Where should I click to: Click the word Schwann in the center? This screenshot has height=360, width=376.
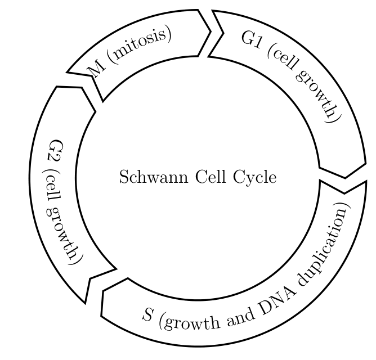coord(154,177)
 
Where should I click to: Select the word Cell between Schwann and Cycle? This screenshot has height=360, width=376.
coord(211,177)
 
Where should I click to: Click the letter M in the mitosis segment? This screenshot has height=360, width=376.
coord(96,69)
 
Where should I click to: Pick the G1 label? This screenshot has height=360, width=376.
coord(251,39)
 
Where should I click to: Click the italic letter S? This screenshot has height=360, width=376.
coord(147,314)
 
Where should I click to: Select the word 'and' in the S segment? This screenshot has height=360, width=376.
coord(240,316)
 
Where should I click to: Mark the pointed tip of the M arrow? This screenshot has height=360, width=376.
coord(211,31)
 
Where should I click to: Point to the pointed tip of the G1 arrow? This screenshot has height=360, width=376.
coord(345,178)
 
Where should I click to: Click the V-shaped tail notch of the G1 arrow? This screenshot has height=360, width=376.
coord(223,33)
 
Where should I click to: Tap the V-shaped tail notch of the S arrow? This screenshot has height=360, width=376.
coord(344,193)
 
